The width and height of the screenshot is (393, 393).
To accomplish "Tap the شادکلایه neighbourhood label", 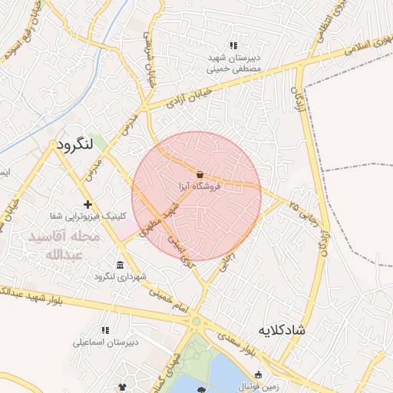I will [x=283, y=330].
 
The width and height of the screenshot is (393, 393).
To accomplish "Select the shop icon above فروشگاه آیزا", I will [x=200, y=173].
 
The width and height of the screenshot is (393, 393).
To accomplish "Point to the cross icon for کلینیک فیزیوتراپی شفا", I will [x=88, y=204].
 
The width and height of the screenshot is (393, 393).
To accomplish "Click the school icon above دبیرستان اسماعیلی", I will [x=104, y=330].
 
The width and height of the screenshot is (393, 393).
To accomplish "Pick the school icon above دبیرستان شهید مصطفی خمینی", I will [x=234, y=46].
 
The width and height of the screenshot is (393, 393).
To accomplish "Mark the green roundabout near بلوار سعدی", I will [x=196, y=322].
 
